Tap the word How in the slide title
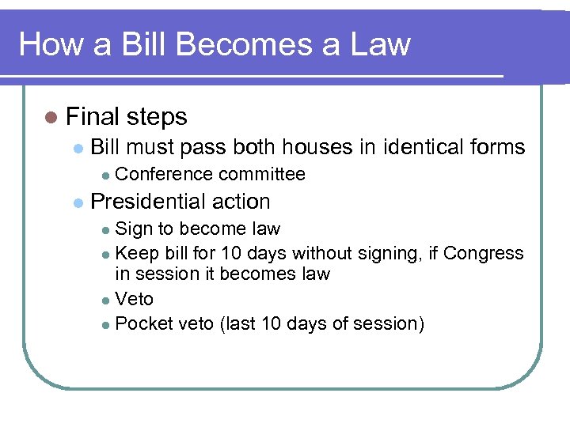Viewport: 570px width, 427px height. tap(48, 44)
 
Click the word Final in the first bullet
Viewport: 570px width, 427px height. tap(89, 117)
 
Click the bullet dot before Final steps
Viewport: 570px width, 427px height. tap(51, 118)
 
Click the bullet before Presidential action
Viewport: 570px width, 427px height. tap(78, 202)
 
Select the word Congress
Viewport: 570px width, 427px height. tap(483, 253)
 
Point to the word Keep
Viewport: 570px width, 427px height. tap(133, 253)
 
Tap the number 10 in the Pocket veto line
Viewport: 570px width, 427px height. tap(272, 323)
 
